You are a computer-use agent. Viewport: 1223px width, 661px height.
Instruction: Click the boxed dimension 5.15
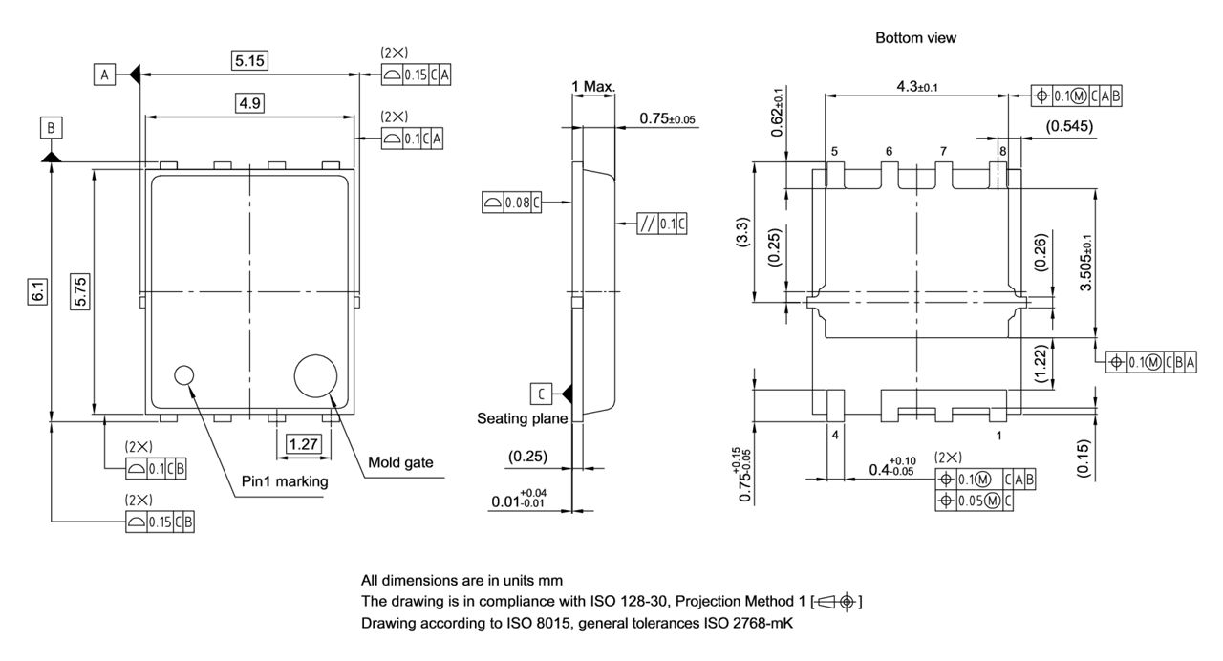point(250,61)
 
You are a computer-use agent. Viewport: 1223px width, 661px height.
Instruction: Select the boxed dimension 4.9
point(250,103)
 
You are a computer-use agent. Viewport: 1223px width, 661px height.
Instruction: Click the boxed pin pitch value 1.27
point(303,443)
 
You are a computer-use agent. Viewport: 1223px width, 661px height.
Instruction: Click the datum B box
point(51,127)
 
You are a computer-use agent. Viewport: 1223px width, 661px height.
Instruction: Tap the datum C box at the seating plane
point(541,393)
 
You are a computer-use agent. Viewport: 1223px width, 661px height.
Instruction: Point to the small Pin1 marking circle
point(183,374)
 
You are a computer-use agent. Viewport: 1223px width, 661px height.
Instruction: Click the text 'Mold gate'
point(400,463)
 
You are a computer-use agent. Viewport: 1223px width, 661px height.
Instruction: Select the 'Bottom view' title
point(915,38)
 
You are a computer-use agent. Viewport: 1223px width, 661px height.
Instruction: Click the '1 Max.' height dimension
point(593,87)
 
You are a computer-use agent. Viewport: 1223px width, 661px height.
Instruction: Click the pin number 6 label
point(889,151)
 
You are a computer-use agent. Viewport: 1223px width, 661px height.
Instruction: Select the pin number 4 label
point(834,435)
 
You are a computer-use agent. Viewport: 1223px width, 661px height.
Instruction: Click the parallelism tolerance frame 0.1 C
point(661,224)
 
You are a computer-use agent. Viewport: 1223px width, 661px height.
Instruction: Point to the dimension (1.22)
point(1042,364)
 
